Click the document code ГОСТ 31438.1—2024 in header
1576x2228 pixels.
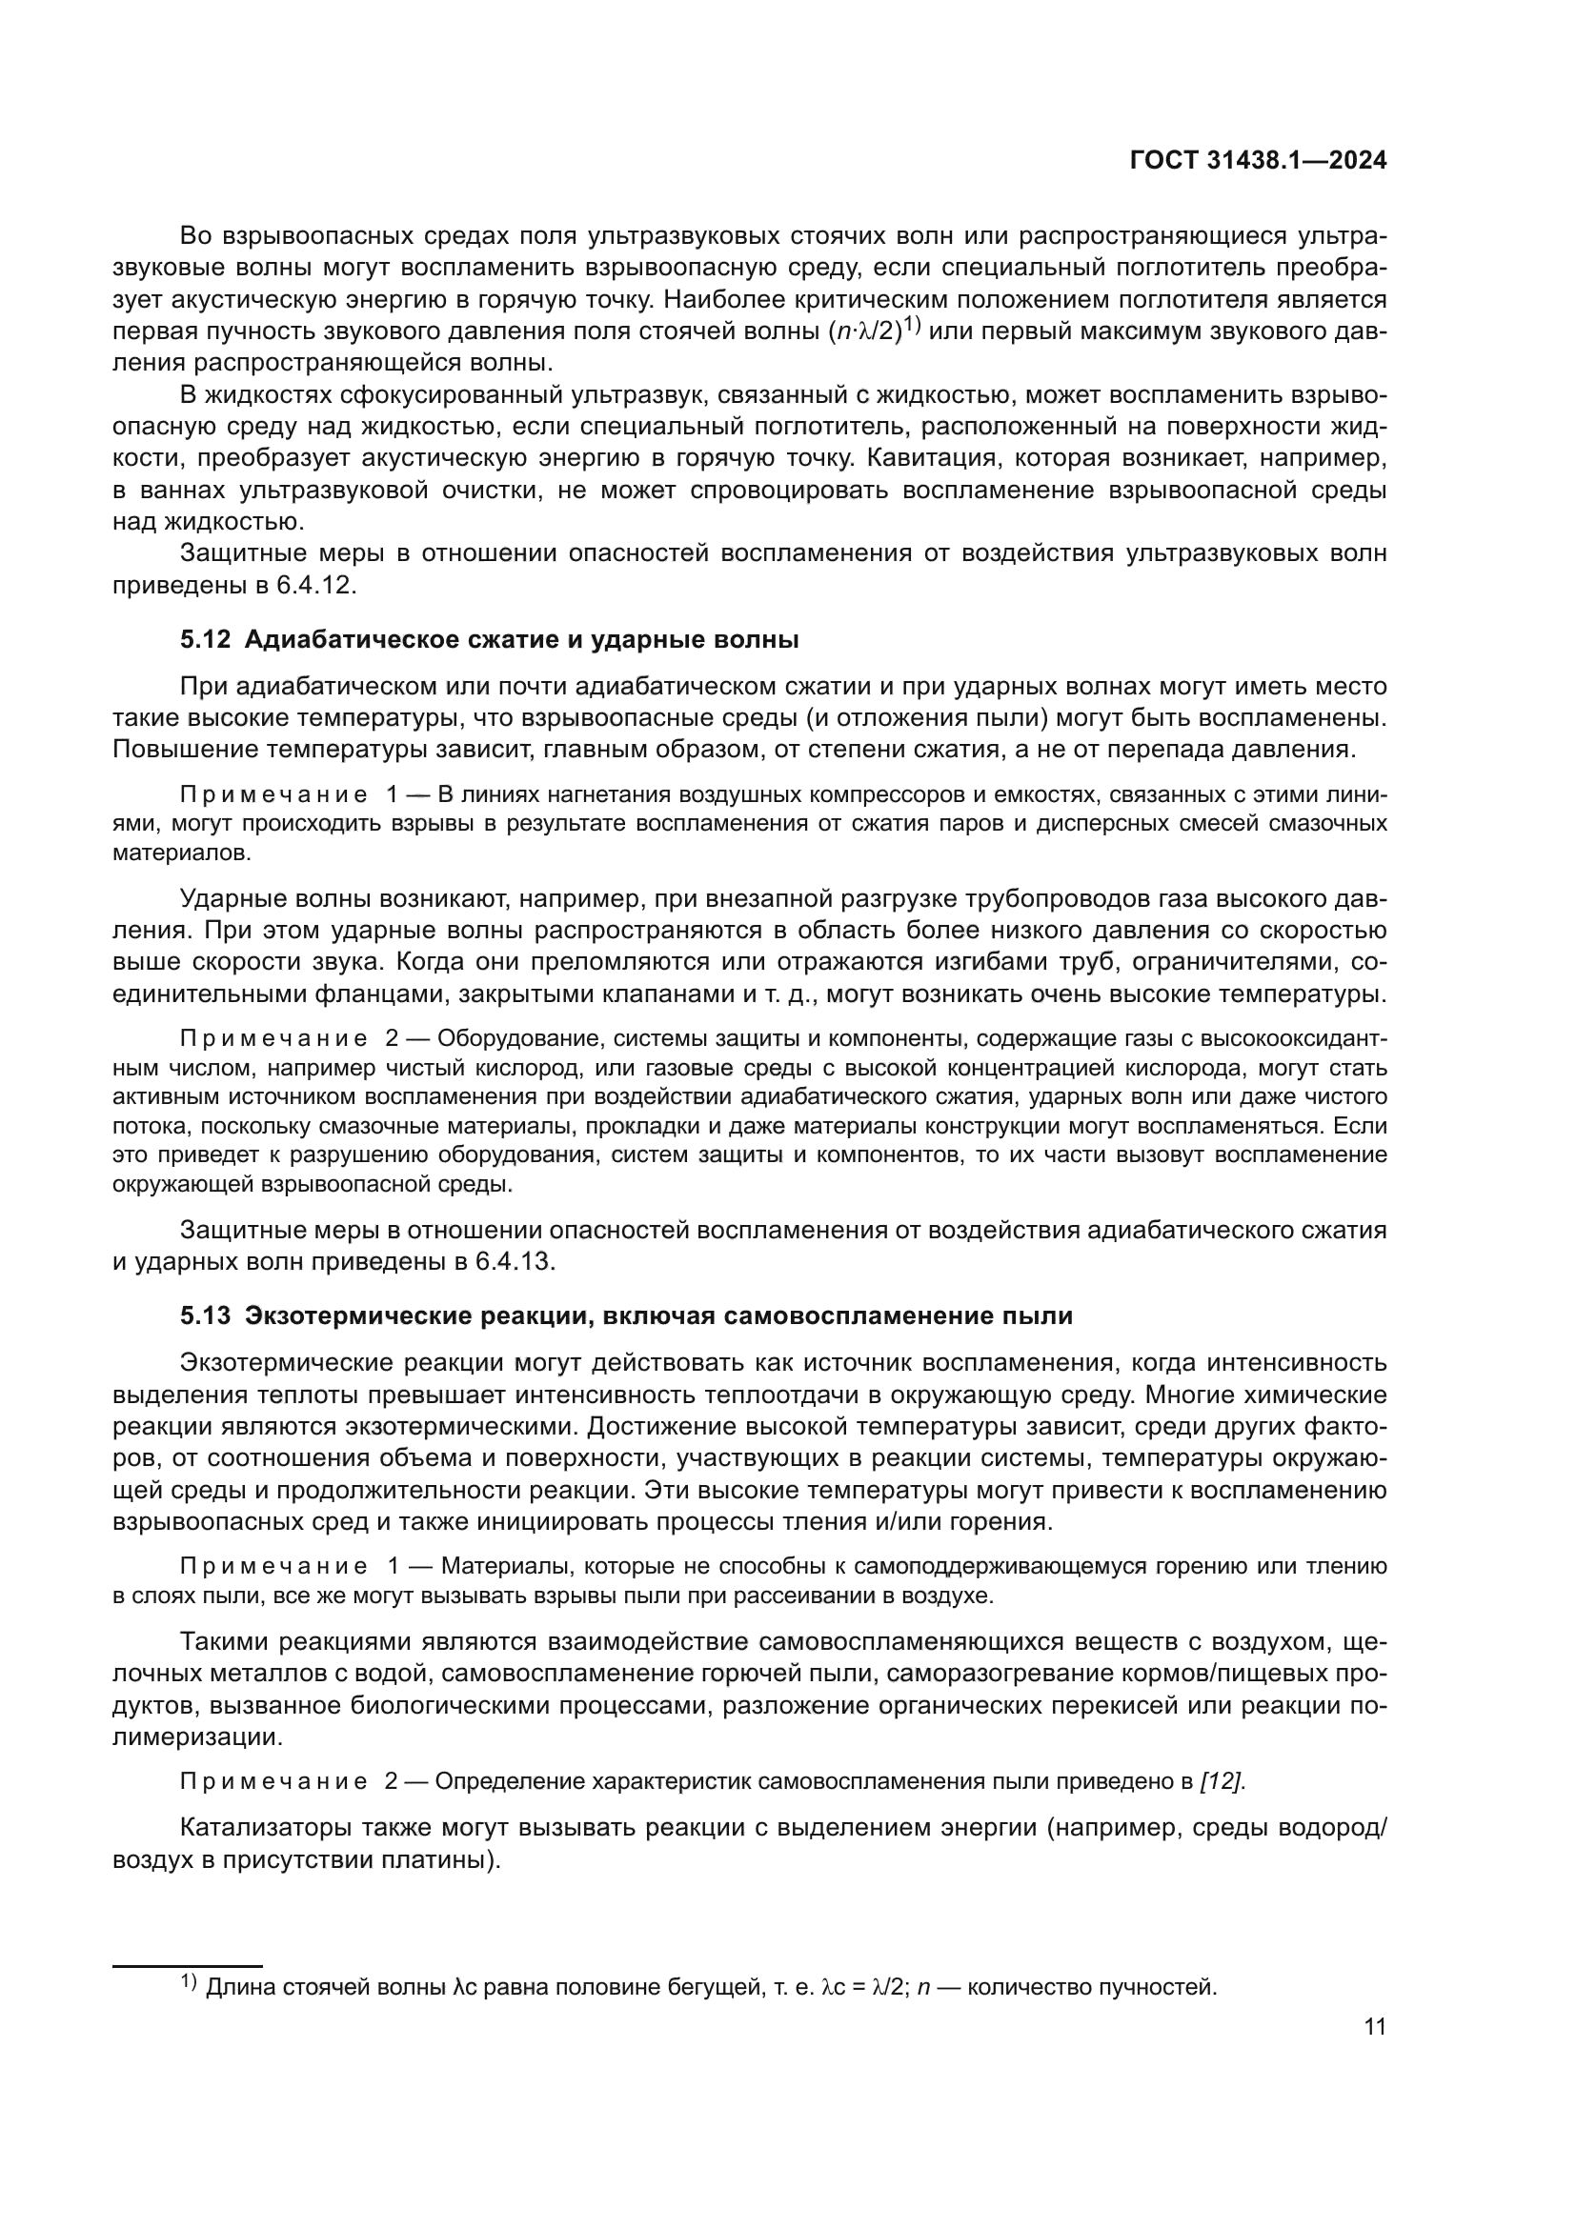point(1258,161)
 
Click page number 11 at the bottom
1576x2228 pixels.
point(1374,2027)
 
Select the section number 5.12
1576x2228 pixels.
point(205,639)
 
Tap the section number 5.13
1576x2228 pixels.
point(205,1315)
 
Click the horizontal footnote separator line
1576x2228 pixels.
point(188,1966)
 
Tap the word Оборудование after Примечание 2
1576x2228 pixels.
point(503,1038)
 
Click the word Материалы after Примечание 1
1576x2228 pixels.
point(495,1566)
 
